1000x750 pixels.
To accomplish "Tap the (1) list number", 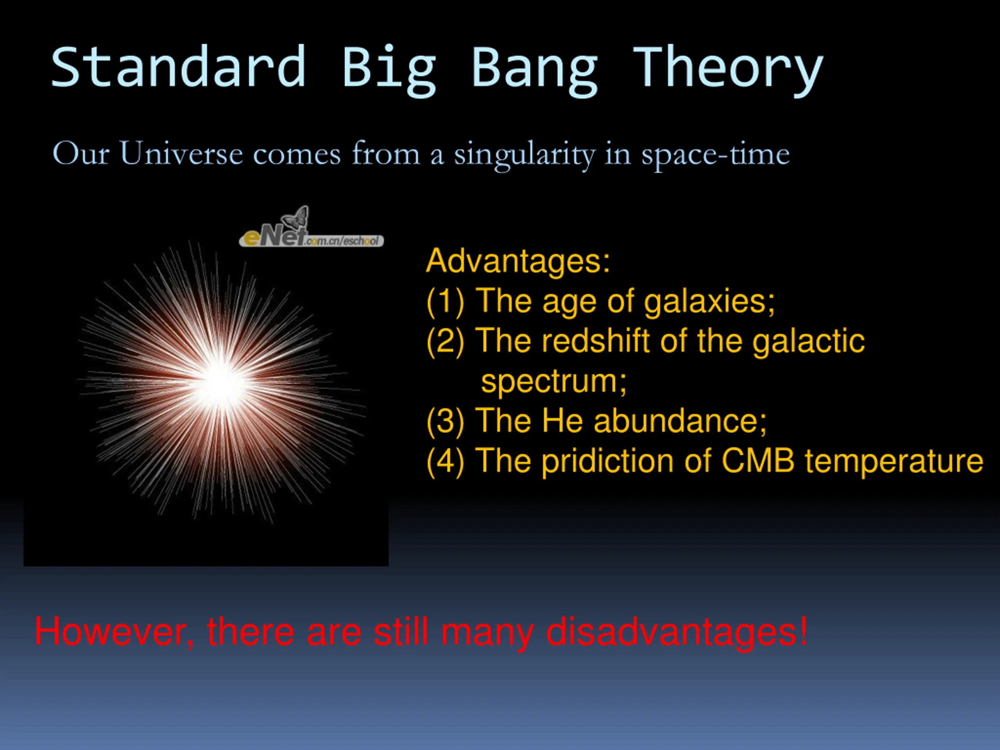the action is coord(445,302).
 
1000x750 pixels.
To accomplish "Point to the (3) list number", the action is coord(445,421).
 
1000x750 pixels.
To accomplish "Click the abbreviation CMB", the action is coord(758,461).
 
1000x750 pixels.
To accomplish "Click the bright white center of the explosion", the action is coord(221,382).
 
